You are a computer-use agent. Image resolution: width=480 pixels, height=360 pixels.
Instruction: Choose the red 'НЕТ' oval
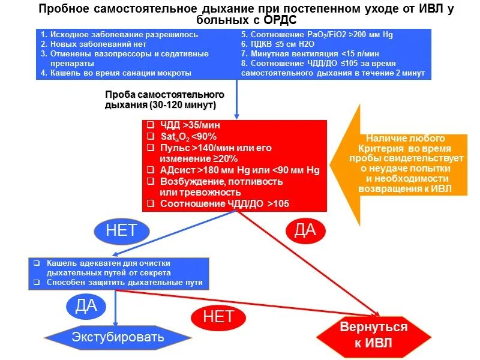click(218, 316)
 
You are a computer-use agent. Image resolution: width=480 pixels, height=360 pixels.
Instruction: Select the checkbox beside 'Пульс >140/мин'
click(151, 148)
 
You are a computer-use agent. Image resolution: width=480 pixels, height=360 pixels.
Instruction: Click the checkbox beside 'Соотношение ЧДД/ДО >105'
click(151, 204)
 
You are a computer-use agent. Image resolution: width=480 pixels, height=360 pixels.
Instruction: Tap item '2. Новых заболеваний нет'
click(96, 44)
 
